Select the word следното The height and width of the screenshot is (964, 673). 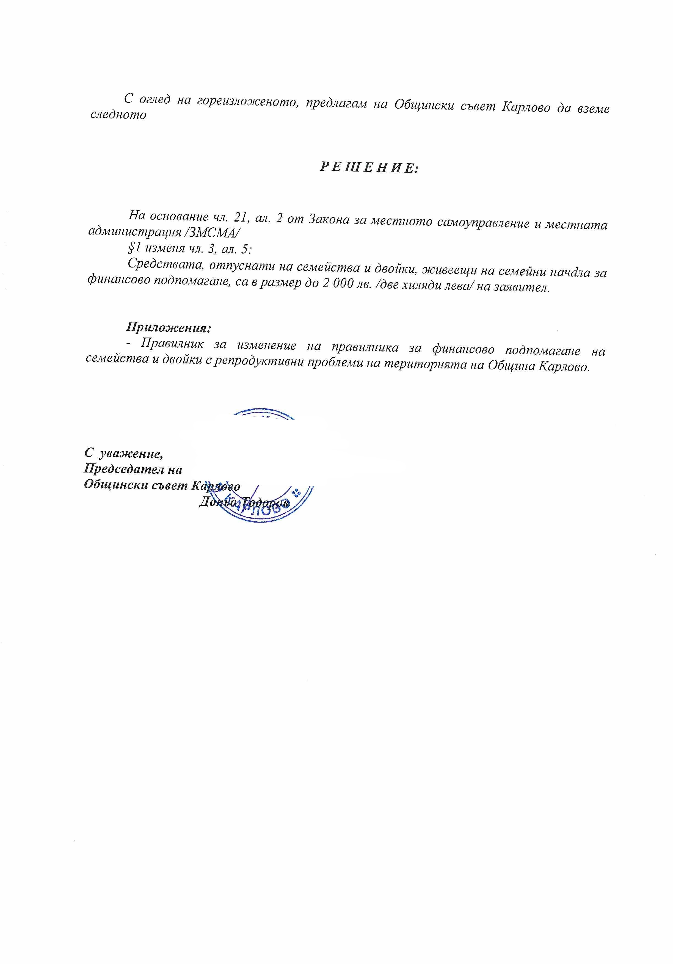(x=118, y=115)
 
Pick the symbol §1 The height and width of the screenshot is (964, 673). (x=134, y=248)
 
